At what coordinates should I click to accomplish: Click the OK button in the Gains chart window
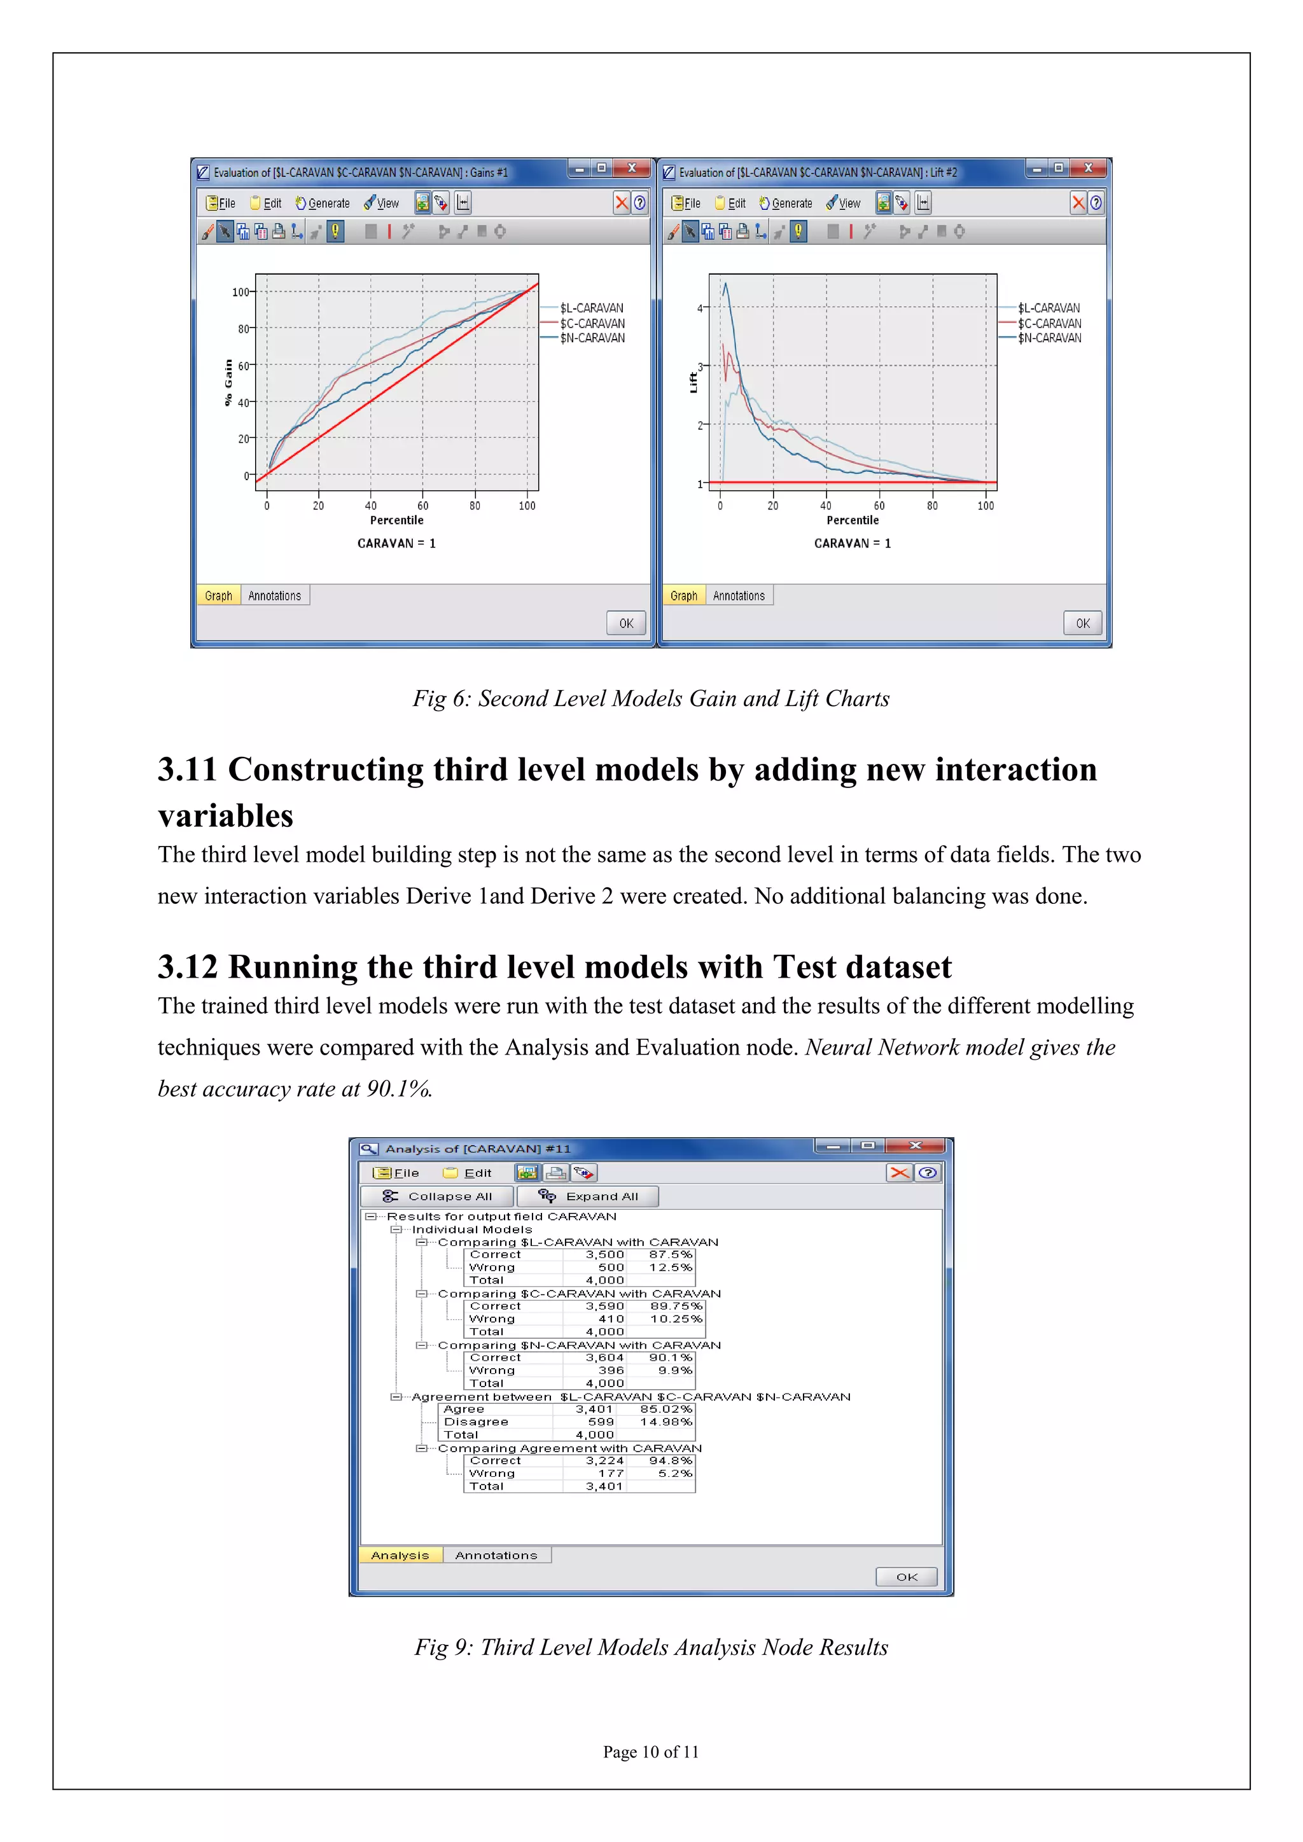626,623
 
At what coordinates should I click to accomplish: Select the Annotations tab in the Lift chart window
738,595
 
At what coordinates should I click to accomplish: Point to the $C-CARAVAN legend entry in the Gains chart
591,323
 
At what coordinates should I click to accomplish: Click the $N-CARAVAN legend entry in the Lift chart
1049,338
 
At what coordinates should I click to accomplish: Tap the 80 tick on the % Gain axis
243,329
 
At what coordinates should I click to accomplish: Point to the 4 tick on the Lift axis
700,308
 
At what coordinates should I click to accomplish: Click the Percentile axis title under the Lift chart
852,520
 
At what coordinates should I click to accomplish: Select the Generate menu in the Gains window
323,204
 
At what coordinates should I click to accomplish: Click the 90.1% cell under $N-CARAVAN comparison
670,1357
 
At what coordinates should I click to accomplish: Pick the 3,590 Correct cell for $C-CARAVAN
604,1306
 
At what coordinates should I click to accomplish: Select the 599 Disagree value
600,1422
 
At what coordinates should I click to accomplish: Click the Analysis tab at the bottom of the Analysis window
400,1555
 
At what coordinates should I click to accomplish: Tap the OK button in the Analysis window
906,1577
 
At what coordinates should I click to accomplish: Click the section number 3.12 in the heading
187,967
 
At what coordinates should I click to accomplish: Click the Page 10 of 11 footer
651,1751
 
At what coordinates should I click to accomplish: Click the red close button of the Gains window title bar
631,168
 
